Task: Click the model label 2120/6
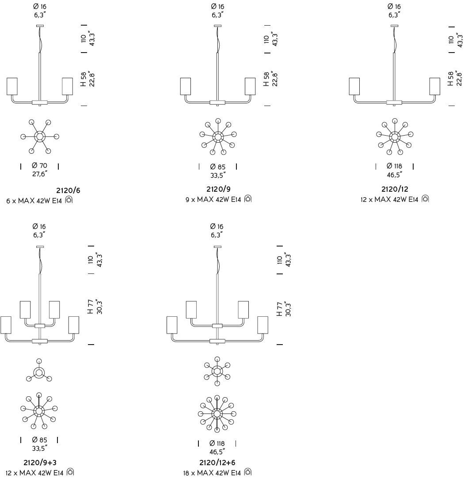[68, 191]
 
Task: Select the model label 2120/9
[218, 189]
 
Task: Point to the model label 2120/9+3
[40, 463]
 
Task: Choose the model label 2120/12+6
[217, 463]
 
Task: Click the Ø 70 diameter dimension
[39, 166]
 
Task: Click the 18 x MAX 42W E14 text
[212, 473]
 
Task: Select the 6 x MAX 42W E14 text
[35, 201]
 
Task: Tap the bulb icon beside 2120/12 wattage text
[425, 199]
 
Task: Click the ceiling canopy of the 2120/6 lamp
[40, 26]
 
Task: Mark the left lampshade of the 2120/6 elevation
[12, 86]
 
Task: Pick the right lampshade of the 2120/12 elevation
[435, 86]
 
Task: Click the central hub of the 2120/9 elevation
[217, 102]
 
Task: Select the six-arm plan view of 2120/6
[40, 137]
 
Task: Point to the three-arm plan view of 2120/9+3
[39, 372]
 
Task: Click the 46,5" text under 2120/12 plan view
[394, 175]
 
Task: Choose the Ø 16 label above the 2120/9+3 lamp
[39, 227]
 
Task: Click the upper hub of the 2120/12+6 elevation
[217, 326]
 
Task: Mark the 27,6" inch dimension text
[39, 174]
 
